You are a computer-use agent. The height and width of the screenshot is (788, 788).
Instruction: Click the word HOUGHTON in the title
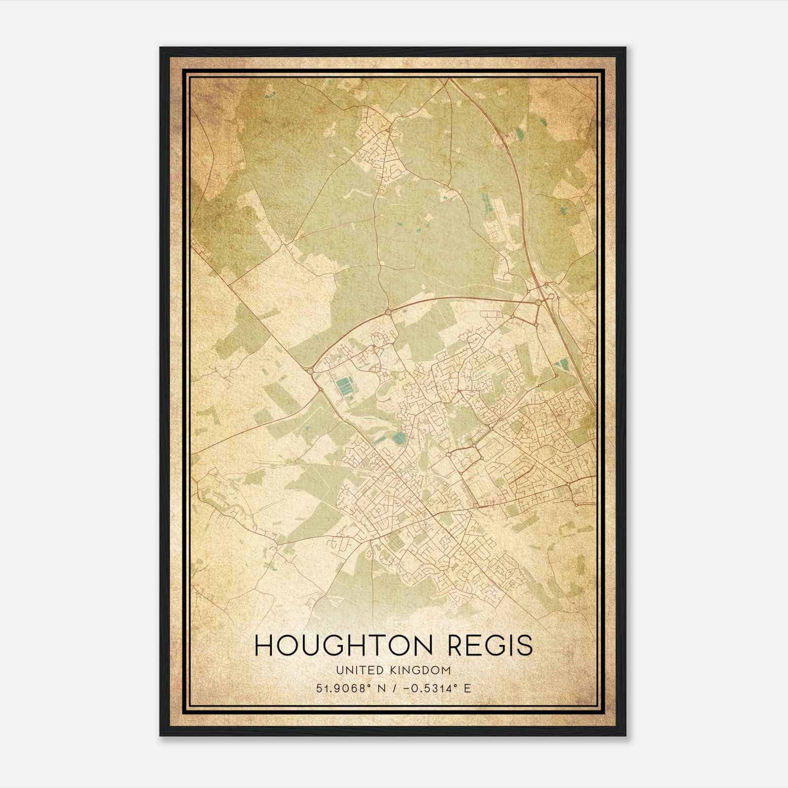click(339, 645)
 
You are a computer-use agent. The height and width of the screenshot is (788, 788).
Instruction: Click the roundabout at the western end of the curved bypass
click(310, 369)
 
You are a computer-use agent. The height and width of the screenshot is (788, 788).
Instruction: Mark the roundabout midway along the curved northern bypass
click(388, 312)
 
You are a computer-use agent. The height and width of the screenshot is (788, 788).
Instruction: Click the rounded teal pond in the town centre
click(399, 436)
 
